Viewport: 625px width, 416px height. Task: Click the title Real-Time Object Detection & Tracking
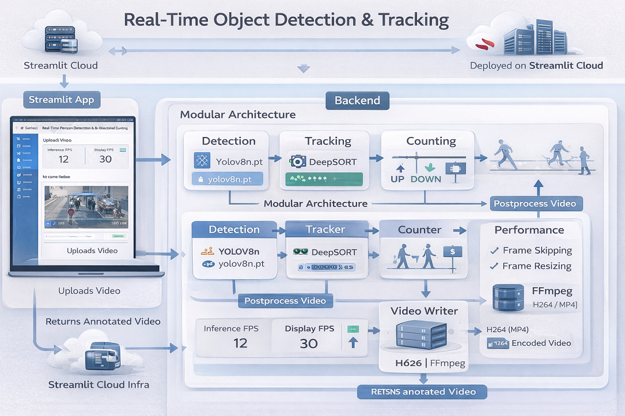(x=286, y=20)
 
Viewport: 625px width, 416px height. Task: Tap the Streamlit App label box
(x=62, y=100)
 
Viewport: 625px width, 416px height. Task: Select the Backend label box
(x=357, y=100)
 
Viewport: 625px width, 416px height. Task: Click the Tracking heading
(x=328, y=141)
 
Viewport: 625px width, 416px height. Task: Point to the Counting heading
(x=431, y=141)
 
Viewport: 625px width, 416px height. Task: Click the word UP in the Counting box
(x=397, y=179)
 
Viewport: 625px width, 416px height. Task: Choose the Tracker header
(x=325, y=229)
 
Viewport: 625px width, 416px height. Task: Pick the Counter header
(x=419, y=230)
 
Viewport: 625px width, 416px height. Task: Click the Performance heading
(x=529, y=230)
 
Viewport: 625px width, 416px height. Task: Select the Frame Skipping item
(x=537, y=251)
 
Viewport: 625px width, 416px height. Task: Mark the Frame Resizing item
(x=537, y=266)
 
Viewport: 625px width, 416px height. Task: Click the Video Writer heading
(x=424, y=311)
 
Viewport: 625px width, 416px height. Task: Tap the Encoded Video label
(x=541, y=343)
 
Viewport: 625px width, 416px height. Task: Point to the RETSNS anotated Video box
(x=423, y=392)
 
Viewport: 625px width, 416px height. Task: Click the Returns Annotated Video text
(x=103, y=321)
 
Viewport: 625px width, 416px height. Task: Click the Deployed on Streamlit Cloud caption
(x=536, y=66)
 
